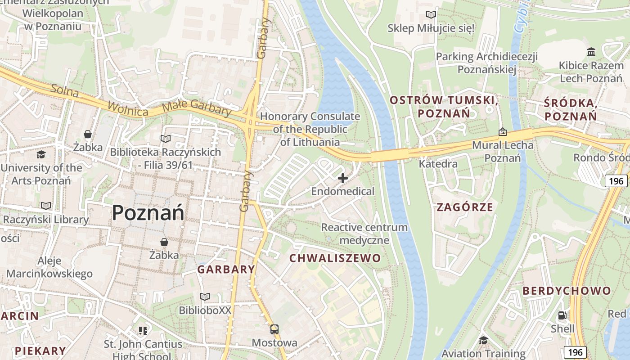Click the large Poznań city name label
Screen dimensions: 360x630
148,212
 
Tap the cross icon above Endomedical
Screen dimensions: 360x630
343,178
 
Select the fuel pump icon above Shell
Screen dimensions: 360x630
562,315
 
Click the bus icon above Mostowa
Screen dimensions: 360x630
274,329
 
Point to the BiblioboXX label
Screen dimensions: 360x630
205,310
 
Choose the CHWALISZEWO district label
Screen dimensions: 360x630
335,258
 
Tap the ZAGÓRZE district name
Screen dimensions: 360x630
465,207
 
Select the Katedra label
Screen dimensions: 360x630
438,164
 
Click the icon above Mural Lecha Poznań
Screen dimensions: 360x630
503,132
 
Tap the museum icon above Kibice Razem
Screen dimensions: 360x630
591,52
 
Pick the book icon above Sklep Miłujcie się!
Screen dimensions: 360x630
431,15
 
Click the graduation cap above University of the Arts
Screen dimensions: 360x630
41,155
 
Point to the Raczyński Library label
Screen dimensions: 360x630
46,220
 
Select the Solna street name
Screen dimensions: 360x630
65,90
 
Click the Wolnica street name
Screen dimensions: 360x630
128,109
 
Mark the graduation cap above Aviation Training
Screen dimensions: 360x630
483,340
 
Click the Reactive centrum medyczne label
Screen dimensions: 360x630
364,234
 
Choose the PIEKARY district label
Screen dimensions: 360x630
40,351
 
